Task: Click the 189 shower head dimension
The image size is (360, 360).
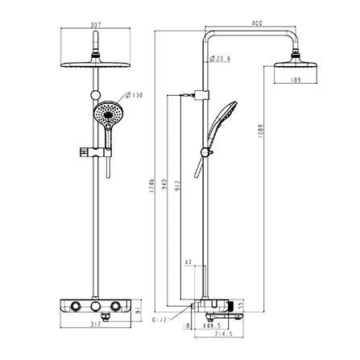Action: point(297,80)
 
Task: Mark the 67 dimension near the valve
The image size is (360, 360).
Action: point(187,263)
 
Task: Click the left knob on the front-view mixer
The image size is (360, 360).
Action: point(75,308)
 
